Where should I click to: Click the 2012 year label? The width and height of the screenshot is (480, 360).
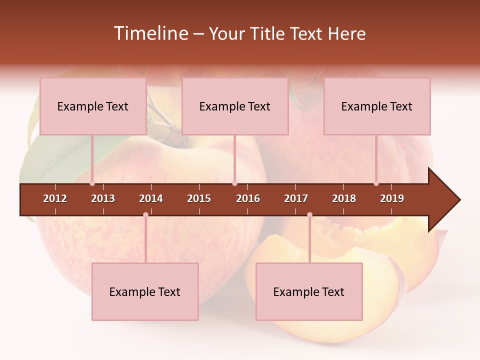[x=55, y=198]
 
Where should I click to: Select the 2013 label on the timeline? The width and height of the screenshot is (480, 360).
[x=103, y=198]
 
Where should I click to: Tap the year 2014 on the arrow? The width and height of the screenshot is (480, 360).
[x=151, y=198]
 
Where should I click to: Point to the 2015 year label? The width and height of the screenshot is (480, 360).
[x=199, y=198]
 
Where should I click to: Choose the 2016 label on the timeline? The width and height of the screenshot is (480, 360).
[x=248, y=198]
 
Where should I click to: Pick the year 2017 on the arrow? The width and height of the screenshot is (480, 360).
[x=296, y=198]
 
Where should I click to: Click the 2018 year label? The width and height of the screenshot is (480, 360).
[x=344, y=198]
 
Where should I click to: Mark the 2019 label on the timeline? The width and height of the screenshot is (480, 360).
[x=392, y=198]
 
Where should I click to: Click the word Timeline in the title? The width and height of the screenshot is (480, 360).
[x=150, y=33]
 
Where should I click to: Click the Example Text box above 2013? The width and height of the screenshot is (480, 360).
[x=93, y=106]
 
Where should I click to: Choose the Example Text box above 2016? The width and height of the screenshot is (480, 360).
[x=235, y=106]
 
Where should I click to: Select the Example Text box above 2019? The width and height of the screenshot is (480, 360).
[x=377, y=106]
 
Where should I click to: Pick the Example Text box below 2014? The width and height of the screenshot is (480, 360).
[x=145, y=292]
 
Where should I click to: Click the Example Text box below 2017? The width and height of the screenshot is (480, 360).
[x=309, y=292]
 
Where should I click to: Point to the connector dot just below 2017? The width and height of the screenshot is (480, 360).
[x=309, y=215]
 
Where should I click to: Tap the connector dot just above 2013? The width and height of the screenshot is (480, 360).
[x=92, y=183]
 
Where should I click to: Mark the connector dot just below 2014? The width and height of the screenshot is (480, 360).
[x=145, y=215]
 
